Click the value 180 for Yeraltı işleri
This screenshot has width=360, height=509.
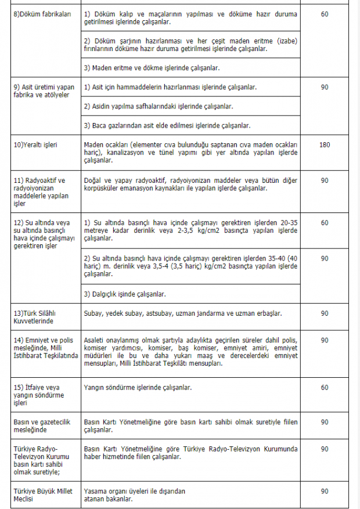(x=325, y=144)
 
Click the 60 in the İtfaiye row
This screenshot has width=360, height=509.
(x=325, y=387)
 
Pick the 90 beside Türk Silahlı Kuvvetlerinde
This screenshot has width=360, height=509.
(x=325, y=313)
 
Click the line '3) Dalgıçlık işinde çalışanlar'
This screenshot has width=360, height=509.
(x=125, y=294)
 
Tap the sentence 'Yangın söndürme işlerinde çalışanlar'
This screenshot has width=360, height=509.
(x=138, y=387)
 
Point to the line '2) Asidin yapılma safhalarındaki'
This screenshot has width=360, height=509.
(x=159, y=106)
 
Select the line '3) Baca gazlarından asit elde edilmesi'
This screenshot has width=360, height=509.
(x=167, y=125)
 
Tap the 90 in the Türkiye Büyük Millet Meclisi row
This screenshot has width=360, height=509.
(x=325, y=491)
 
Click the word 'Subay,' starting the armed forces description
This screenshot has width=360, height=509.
(x=93, y=313)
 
